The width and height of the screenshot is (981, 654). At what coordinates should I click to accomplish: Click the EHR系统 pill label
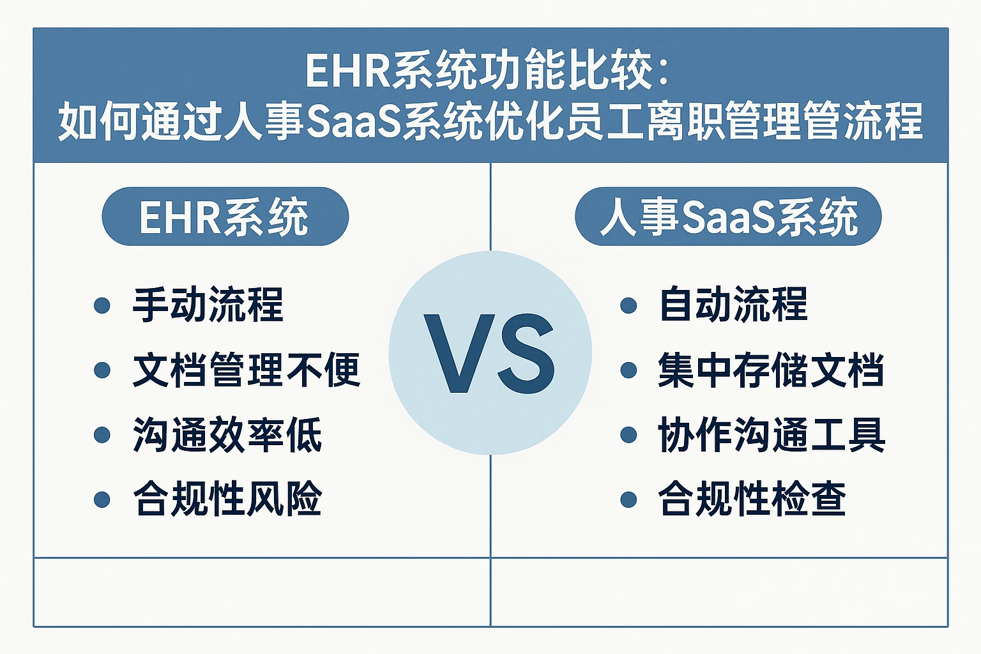point(225,217)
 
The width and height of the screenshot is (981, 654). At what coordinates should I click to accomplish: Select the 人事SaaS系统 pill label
point(728,217)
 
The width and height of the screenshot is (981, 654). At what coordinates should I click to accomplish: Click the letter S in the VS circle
point(528,353)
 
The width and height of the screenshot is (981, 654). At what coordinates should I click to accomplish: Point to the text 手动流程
point(208,305)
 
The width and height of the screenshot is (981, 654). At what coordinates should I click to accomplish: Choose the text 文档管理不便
point(247,370)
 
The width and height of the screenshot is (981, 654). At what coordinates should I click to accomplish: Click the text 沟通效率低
point(227,434)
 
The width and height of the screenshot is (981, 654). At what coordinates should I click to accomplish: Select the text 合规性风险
point(227,499)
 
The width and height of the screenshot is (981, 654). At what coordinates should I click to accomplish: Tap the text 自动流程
point(734,304)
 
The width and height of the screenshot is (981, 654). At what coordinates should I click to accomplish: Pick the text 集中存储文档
point(772,370)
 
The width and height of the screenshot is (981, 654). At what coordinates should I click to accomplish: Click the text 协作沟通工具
point(772,434)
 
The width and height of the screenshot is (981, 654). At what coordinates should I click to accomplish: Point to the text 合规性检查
point(752,499)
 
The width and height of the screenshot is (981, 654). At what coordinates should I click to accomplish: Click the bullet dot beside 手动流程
point(102,305)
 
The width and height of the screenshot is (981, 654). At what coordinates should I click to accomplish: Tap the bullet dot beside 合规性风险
point(102,499)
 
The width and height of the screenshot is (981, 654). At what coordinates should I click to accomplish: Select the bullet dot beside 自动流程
point(628,305)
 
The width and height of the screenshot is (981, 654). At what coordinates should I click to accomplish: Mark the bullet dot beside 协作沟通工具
point(628,435)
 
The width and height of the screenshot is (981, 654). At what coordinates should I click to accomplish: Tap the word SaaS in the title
point(353,121)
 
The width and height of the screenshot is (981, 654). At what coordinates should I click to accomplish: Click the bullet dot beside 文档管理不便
point(102,370)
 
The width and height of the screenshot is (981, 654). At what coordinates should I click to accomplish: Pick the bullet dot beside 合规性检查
point(628,499)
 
